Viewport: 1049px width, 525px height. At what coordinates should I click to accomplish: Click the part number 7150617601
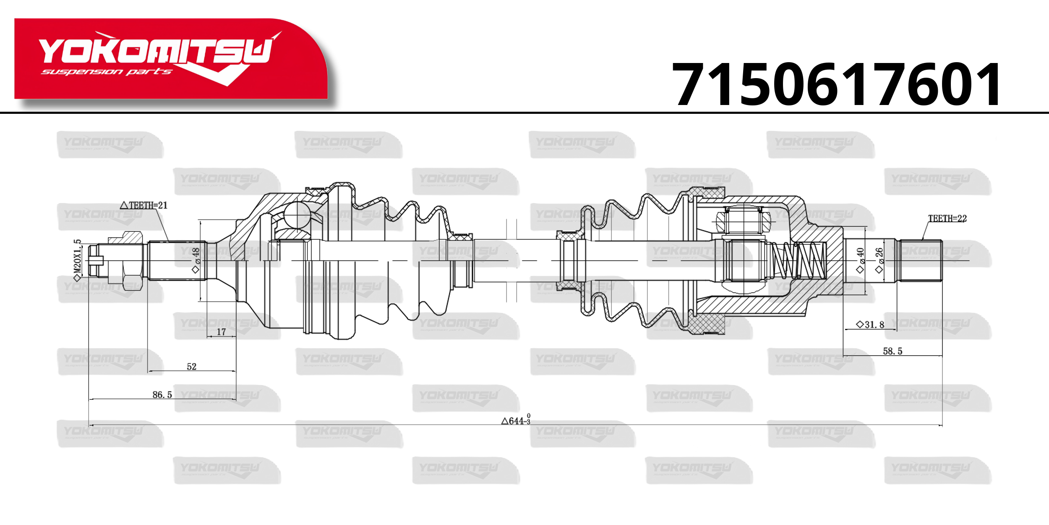click(x=837, y=84)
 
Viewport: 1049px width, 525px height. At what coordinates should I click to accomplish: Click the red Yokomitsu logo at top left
click(x=171, y=59)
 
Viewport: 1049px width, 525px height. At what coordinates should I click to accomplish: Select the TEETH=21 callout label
click(x=144, y=205)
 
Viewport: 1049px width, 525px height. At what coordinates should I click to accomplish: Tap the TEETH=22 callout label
click(x=947, y=218)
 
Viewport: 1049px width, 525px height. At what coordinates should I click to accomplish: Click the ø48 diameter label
click(x=196, y=260)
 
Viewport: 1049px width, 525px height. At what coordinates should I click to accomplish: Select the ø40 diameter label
click(x=860, y=260)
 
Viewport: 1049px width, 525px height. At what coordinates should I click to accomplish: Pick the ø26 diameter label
click(x=879, y=260)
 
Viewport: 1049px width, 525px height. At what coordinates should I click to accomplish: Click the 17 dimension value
click(x=221, y=332)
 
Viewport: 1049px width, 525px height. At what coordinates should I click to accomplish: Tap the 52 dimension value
click(x=191, y=367)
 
